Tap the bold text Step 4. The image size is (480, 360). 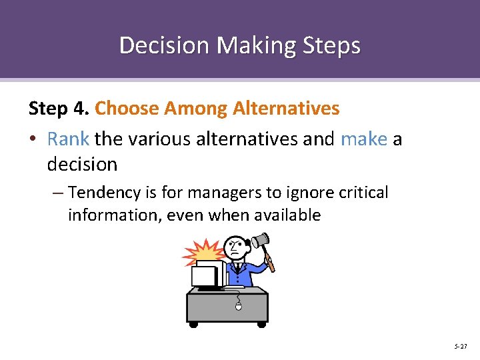[x=59, y=108]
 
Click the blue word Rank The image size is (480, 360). [x=68, y=139]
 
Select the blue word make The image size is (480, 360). [x=363, y=139]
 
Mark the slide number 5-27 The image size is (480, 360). [x=460, y=346]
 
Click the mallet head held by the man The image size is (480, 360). [x=259, y=239]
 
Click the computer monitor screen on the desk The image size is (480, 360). [x=204, y=276]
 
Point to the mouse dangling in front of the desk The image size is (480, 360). [x=239, y=307]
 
